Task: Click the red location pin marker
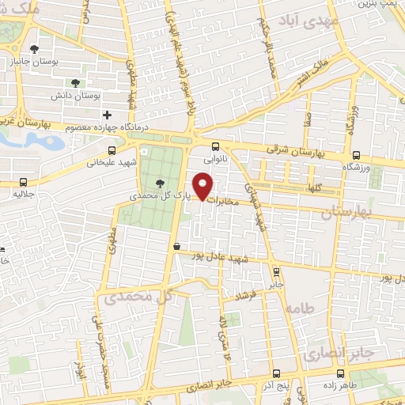203,187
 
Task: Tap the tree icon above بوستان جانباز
33,50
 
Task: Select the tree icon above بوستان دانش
75,82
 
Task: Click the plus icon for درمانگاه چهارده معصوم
108,115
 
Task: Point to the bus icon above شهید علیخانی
112,149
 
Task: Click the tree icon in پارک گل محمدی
161,184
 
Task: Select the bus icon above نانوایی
216,146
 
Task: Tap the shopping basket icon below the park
176,246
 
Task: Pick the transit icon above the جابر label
275,270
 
